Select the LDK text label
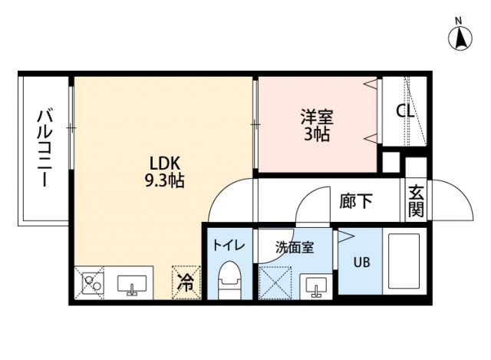(x=164, y=163)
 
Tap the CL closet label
(x=405, y=111)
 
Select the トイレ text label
(x=228, y=246)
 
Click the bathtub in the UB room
(x=404, y=263)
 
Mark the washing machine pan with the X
(x=275, y=283)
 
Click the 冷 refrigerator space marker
(x=186, y=282)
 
